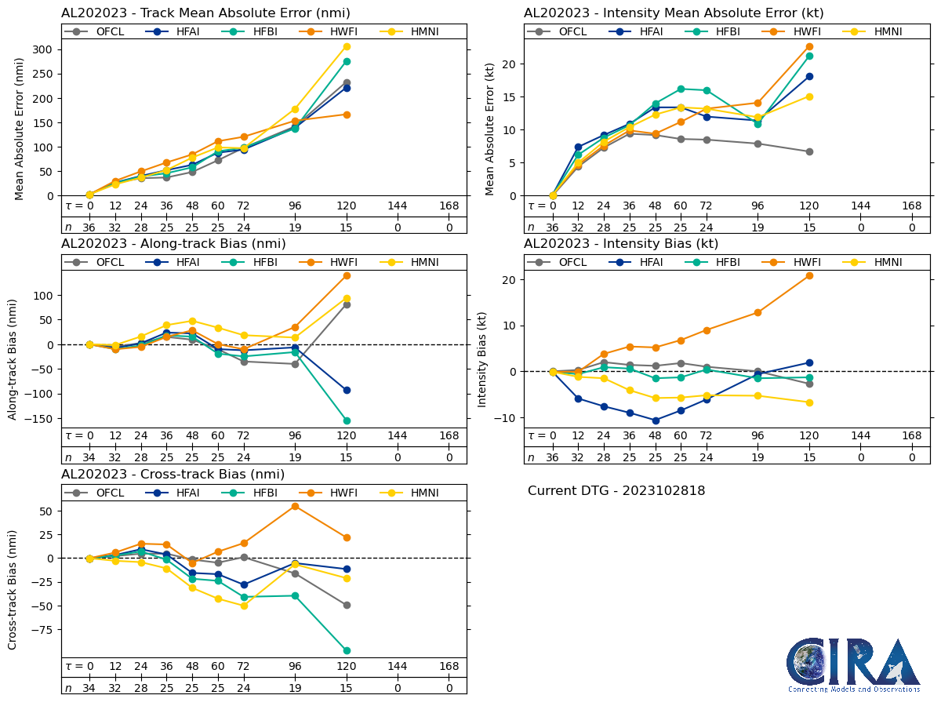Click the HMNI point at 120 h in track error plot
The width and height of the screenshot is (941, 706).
(347, 46)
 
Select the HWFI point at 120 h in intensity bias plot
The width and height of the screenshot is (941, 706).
(809, 275)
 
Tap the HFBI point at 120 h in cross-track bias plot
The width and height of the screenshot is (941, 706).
(347, 650)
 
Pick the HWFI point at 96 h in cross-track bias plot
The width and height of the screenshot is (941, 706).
(295, 506)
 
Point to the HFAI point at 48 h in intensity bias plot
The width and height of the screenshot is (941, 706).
(656, 420)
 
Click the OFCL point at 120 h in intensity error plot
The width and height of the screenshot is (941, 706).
(809, 151)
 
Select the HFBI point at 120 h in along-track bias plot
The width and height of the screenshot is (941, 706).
(347, 420)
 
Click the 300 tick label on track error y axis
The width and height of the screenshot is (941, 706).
(43, 49)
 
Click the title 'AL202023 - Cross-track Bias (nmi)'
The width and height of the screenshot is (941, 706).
(173, 475)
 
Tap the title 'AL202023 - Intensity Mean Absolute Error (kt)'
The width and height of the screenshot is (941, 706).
(674, 13)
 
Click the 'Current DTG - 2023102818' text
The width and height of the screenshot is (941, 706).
(616, 491)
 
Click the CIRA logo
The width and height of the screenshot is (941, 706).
(853, 665)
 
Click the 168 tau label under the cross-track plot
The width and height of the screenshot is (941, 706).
(449, 666)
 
